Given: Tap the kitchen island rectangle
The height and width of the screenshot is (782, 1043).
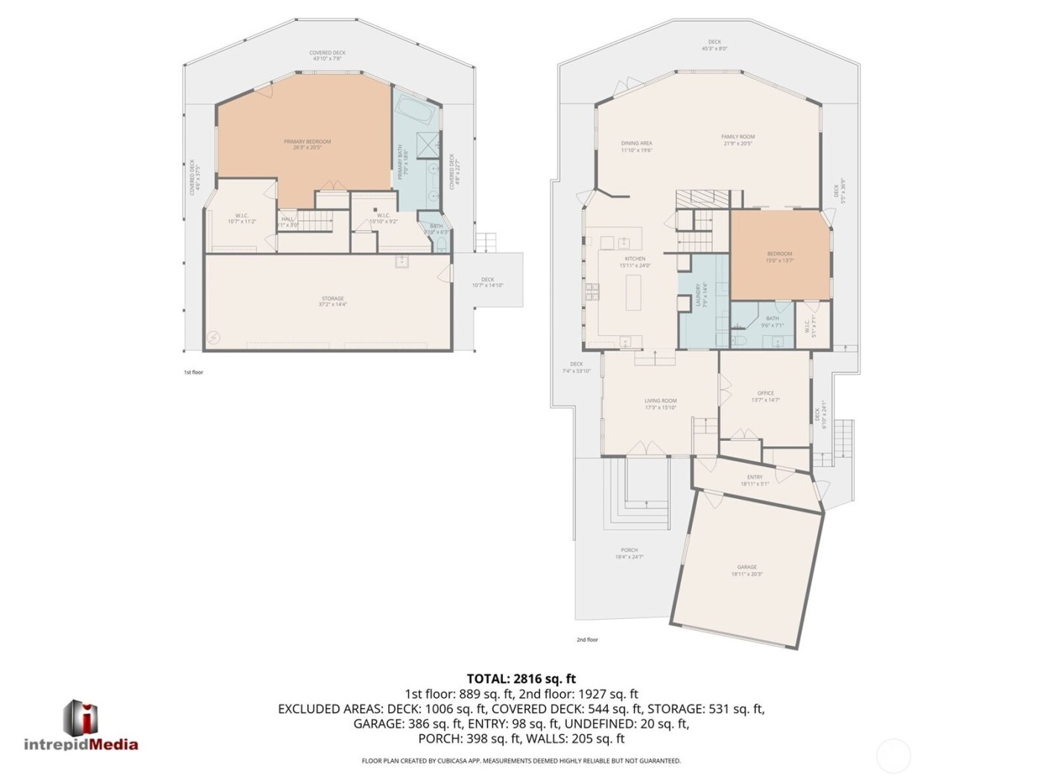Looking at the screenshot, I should pyautogui.click(x=633, y=293).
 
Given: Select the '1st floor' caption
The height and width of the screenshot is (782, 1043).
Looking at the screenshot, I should pyautogui.click(x=194, y=372).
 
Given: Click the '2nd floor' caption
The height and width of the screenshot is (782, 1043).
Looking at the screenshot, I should pyautogui.click(x=587, y=640).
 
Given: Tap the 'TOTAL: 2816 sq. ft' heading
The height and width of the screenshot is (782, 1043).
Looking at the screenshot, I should pyautogui.click(x=521, y=678).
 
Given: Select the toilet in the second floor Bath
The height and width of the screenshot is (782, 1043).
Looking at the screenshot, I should pyautogui.click(x=741, y=340).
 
